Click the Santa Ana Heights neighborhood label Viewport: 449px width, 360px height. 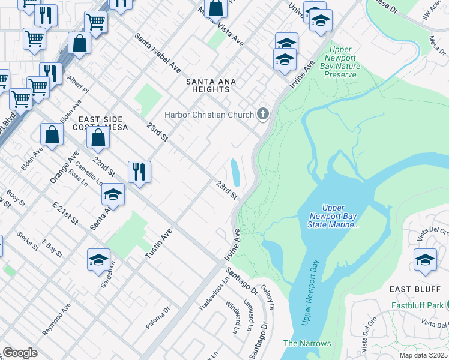208,85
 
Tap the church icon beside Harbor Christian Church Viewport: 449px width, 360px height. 262,114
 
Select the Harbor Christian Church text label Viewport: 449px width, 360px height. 209,114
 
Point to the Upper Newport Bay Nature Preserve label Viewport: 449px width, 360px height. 340,62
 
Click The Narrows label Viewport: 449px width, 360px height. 307,343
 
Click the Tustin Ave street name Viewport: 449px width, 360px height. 158,244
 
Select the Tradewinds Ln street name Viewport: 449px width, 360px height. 214,290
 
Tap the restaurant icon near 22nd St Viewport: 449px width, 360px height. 139,172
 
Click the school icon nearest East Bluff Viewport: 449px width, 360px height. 425,260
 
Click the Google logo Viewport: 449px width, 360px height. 20,353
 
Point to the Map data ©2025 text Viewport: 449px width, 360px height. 423,355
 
